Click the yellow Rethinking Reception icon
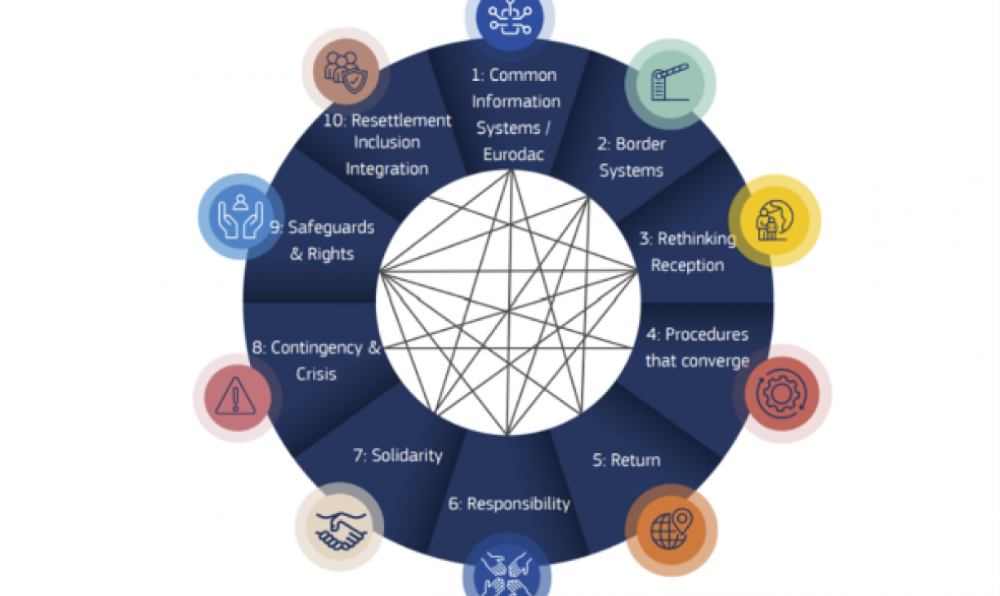(x=775, y=220)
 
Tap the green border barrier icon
(x=670, y=84)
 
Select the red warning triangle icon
(x=237, y=397)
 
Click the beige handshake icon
(x=340, y=527)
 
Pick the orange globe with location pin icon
(x=671, y=530)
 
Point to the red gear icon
(x=782, y=394)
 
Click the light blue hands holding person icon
(x=241, y=217)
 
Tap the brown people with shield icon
(x=346, y=71)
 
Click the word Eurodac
(x=513, y=154)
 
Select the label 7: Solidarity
(x=398, y=456)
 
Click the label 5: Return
(x=627, y=460)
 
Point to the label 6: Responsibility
(x=509, y=504)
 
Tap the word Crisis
(x=315, y=374)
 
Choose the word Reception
(x=687, y=265)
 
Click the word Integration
(x=386, y=169)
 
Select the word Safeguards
(x=331, y=228)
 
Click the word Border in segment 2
(x=641, y=144)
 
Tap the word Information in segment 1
(x=516, y=102)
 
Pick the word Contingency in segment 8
(x=316, y=348)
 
